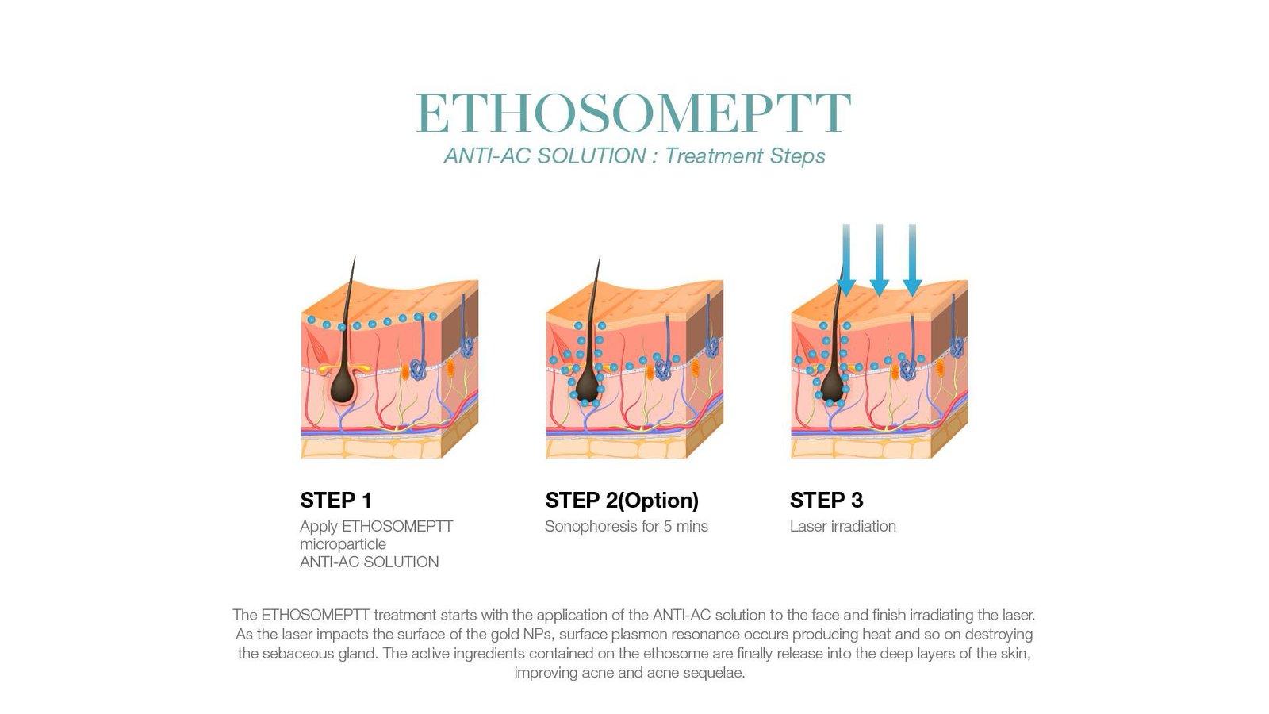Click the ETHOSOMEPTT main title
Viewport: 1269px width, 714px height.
[634, 113]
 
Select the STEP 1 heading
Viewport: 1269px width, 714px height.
[336, 501]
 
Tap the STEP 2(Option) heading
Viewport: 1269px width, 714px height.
[622, 501]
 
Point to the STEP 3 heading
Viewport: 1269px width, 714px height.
[826, 501]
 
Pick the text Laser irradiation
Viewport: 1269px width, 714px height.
[843, 527]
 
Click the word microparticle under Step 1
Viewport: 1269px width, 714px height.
[343, 544]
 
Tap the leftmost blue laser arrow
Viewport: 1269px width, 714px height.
[846, 259]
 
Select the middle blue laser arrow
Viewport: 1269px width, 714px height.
[880, 259]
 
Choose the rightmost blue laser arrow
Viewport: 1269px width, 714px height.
[912, 259]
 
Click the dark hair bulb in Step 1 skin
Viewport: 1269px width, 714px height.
[343, 386]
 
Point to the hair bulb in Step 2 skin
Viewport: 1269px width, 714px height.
[588, 386]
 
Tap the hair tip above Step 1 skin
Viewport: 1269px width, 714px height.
[355, 257]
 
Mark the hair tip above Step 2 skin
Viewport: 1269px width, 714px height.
[600, 257]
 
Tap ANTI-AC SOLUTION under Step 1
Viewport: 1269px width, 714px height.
[370, 562]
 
